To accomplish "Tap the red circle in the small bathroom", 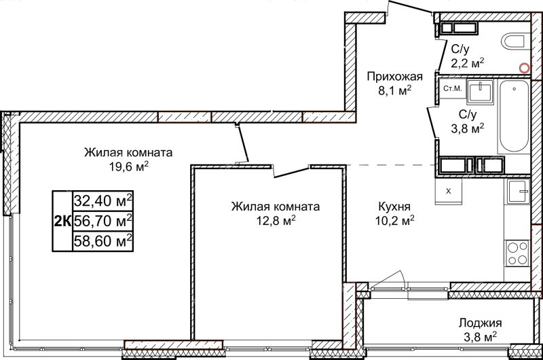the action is (x=525, y=68).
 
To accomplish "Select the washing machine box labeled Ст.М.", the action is (x=453, y=89).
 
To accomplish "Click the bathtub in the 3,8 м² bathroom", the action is (x=514, y=116).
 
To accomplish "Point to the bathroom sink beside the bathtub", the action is (x=480, y=92).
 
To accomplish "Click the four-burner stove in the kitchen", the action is (x=518, y=253).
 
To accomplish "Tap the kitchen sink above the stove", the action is (x=519, y=192).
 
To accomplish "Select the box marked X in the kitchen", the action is (x=449, y=191).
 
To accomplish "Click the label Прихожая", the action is (x=395, y=76).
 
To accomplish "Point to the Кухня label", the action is (x=394, y=207).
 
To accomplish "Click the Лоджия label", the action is (x=481, y=323).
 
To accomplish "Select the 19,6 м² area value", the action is (x=129, y=166).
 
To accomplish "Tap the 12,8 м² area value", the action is (x=276, y=221).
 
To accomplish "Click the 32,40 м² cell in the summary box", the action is (x=103, y=200).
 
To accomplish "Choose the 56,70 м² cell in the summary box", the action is (x=103, y=220).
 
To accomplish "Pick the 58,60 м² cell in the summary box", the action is (x=103, y=240).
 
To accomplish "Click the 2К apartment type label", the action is (x=62, y=221).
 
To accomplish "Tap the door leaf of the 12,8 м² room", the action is (x=291, y=173).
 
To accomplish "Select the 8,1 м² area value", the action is (x=395, y=91).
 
